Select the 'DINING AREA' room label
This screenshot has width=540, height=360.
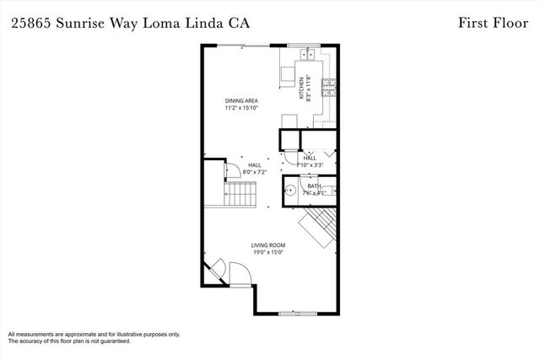240,100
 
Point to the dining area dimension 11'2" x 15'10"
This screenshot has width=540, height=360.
240,108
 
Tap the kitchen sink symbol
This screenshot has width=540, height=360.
306,56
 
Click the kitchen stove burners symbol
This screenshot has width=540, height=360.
332,83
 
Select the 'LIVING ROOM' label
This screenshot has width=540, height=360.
268,245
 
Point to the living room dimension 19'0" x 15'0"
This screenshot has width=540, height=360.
268,253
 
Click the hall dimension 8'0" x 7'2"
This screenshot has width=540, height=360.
254,172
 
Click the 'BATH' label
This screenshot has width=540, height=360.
314,185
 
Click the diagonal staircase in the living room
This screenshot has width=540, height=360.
319,228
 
